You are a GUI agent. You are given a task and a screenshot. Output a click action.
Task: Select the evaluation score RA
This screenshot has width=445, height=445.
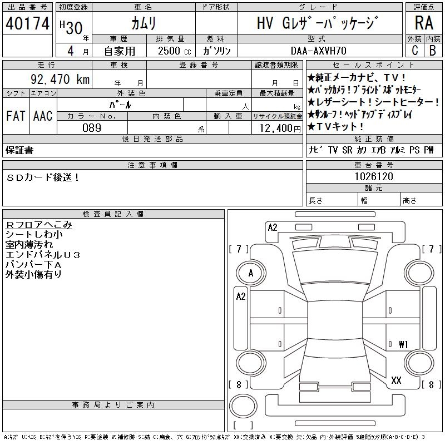click(x=424, y=23)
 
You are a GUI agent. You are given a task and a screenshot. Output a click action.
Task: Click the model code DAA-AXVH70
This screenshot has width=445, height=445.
click(x=320, y=50)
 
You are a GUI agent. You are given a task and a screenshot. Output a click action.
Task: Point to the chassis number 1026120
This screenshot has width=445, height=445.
click(x=374, y=176)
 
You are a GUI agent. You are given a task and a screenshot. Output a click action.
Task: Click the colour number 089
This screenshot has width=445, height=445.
click(x=92, y=127)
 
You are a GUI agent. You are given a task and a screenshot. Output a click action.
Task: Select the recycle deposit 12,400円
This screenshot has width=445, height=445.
click(x=278, y=128)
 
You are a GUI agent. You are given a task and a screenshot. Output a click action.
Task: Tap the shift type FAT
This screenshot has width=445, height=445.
click(x=15, y=116)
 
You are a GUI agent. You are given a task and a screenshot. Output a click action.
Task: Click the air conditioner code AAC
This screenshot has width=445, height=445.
click(x=42, y=116)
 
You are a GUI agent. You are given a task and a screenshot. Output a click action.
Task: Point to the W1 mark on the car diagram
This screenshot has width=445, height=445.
click(x=403, y=344)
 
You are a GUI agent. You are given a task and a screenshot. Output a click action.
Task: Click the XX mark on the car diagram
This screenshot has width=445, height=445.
click(x=396, y=380)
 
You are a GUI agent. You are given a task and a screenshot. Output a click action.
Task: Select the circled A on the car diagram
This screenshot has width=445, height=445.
click(x=251, y=273)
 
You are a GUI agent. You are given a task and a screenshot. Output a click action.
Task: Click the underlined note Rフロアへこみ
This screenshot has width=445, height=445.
click(x=38, y=225)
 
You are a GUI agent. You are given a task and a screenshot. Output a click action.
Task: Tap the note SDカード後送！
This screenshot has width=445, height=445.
click(x=43, y=177)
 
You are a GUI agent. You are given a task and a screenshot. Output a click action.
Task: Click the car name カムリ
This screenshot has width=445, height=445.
click(x=143, y=23)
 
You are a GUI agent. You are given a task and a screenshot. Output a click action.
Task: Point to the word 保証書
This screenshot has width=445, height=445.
click(x=19, y=150)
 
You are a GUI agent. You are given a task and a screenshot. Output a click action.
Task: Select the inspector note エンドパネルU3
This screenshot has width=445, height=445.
click(x=43, y=255)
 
